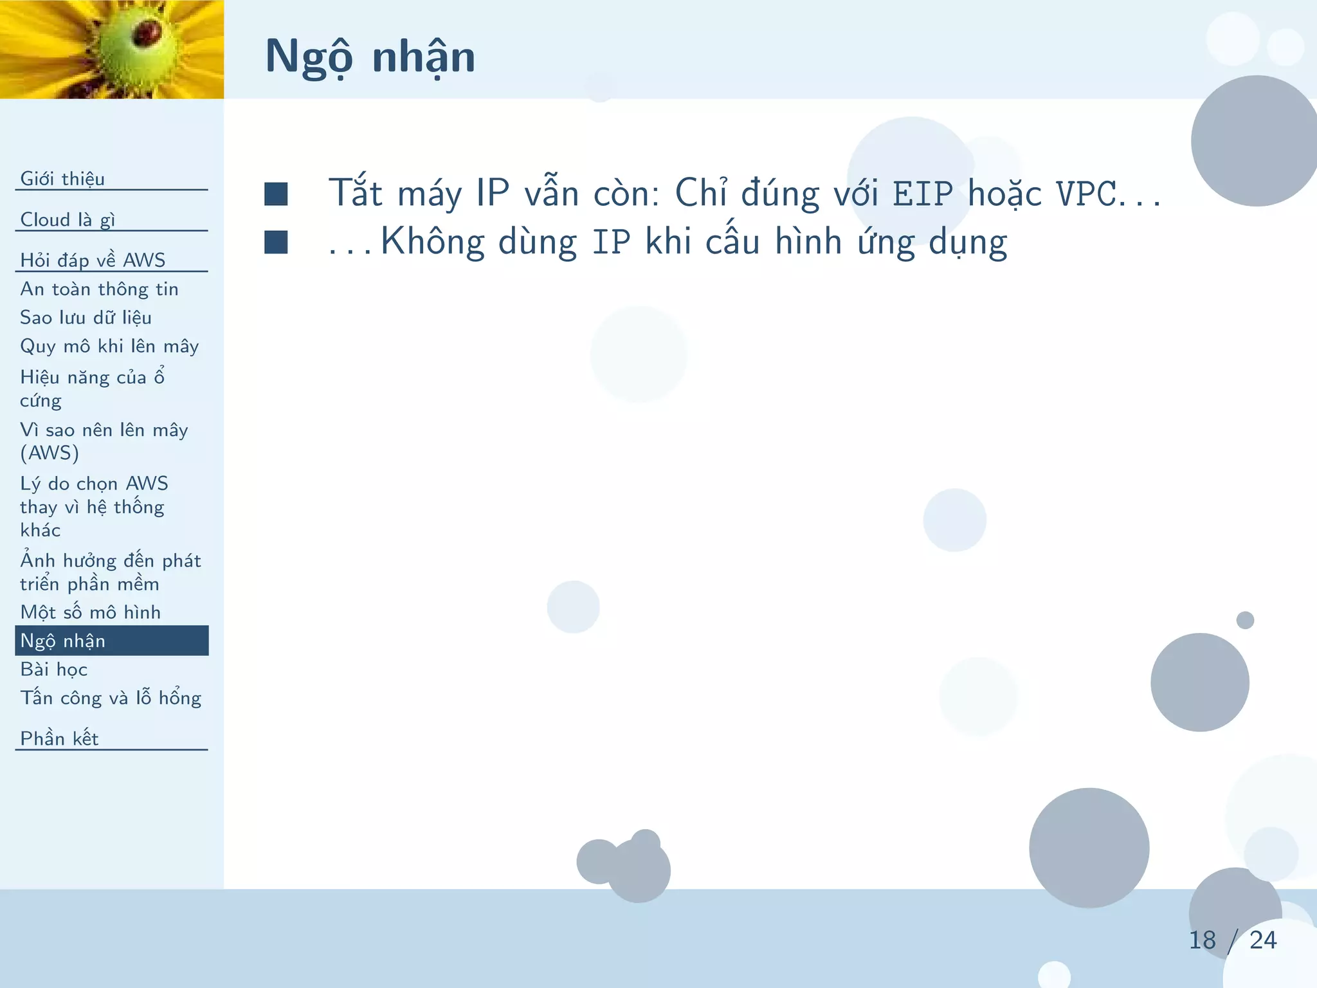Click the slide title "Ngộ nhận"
(370, 57)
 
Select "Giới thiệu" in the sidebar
(62, 179)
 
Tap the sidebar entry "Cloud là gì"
(68, 220)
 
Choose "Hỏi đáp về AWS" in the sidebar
(93, 260)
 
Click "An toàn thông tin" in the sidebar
(99, 289)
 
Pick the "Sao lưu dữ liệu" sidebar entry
(86, 318)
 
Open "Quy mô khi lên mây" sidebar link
(109, 347)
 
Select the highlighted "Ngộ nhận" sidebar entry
(63, 641)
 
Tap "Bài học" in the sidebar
(54, 670)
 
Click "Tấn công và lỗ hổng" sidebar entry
(111, 698)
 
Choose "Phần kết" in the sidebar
(59, 738)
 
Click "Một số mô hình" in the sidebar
(90, 612)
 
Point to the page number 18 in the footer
(1202, 940)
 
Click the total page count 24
(1263, 940)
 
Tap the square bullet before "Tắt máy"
(276, 194)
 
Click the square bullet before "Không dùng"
(276, 242)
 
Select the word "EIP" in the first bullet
(923, 194)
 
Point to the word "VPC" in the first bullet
(1086, 194)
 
